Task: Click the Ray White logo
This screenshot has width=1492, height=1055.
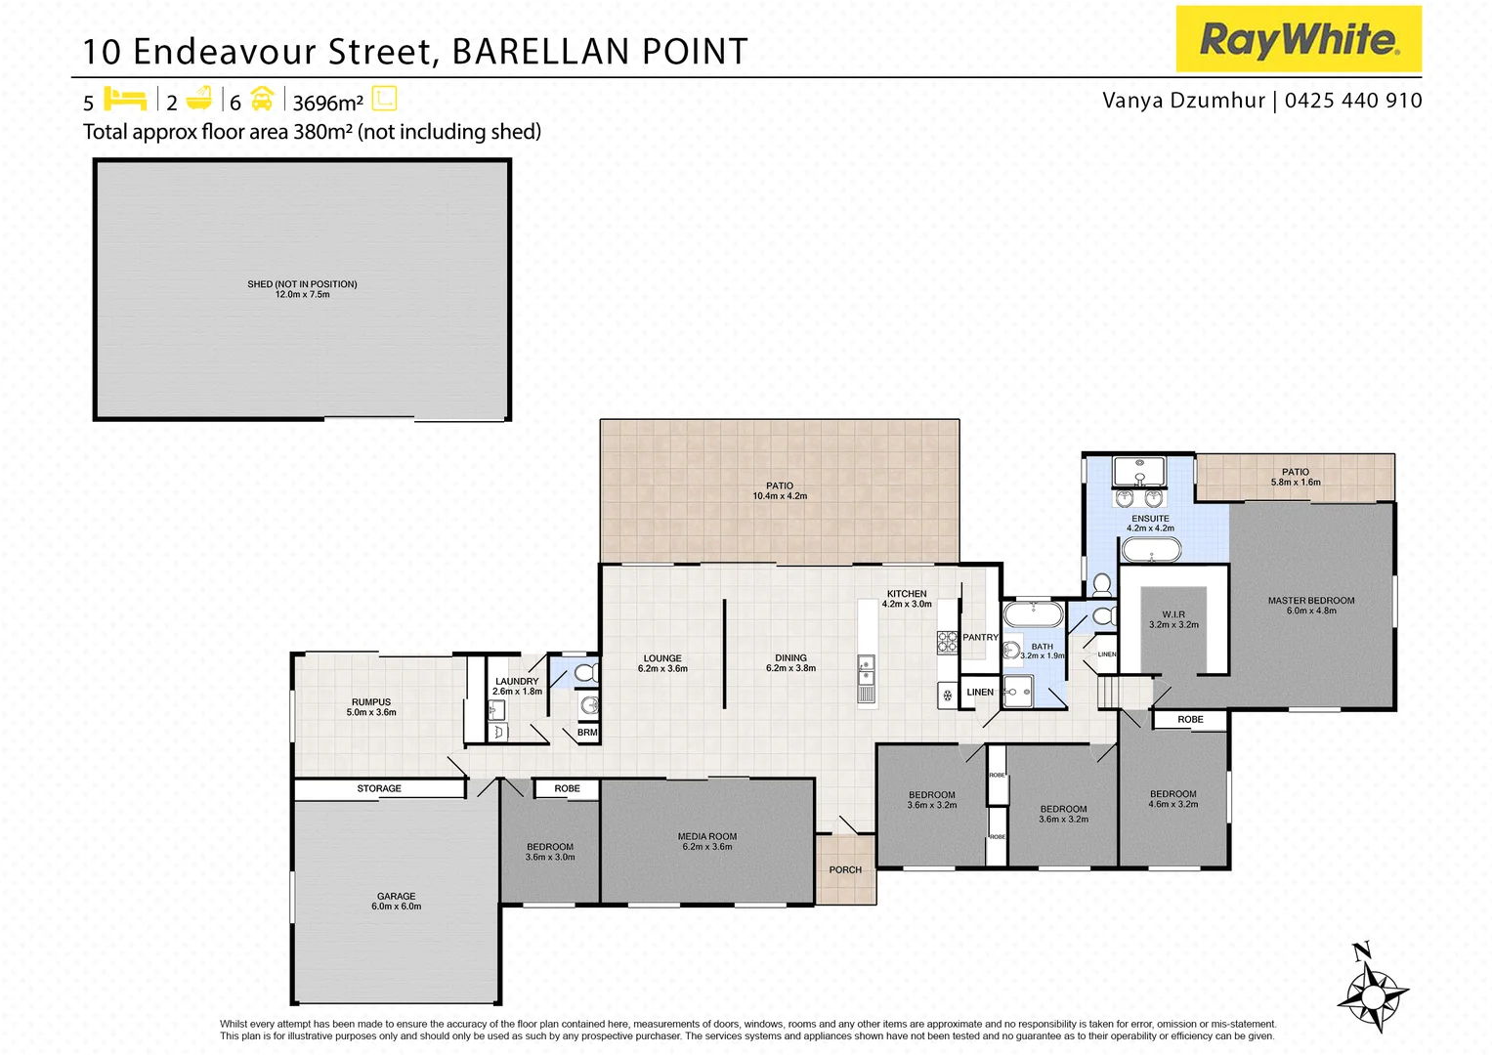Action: [x=1298, y=40]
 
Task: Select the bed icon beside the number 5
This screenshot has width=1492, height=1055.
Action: [x=125, y=100]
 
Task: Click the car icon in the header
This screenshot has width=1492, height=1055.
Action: [x=262, y=100]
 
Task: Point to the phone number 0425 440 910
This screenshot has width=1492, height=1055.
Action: [x=1353, y=101]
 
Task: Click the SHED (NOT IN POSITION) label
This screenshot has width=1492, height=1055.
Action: [x=302, y=284]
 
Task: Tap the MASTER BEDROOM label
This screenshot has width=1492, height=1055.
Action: [x=1310, y=601]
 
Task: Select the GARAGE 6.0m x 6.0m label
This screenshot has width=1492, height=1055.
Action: [x=396, y=901]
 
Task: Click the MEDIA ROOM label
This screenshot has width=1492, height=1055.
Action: [x=706, y=836]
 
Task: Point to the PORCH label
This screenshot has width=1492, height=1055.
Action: [x=845, y=869]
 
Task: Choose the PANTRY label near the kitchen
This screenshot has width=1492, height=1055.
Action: [x=980, y=637]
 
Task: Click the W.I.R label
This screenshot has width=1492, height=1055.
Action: [x=1173, y=614]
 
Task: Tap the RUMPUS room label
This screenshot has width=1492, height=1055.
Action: [x=371, y=702]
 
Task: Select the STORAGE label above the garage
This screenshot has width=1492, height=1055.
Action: [x=379, y=788]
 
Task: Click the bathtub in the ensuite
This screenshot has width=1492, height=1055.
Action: [x=1150, y=550]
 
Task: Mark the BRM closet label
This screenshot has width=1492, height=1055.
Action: [x=587, y=733]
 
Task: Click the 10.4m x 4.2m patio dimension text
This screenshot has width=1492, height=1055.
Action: [x=780, y=496]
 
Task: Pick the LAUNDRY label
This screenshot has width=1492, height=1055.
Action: [x=517, y=682]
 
